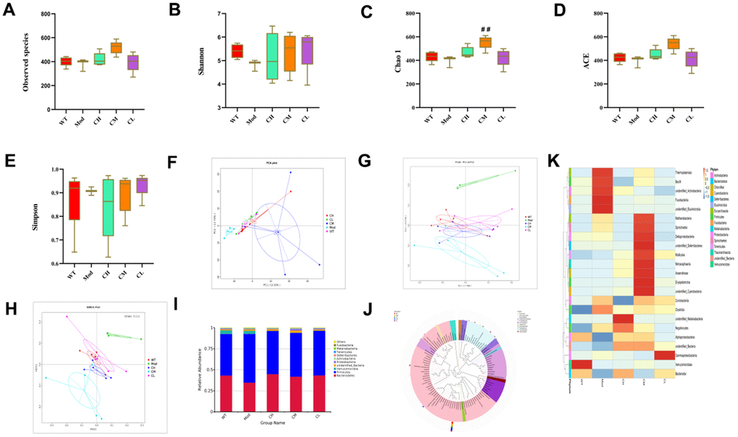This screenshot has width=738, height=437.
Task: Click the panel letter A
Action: [x=9, y=9]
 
